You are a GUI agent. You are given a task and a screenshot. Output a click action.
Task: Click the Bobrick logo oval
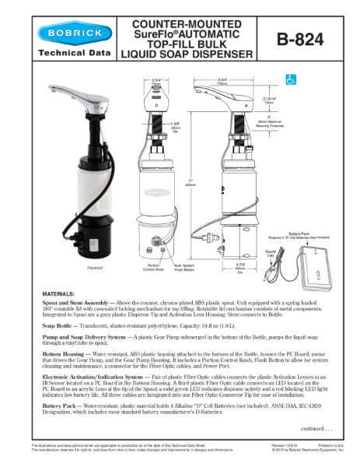pos(76,33)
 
